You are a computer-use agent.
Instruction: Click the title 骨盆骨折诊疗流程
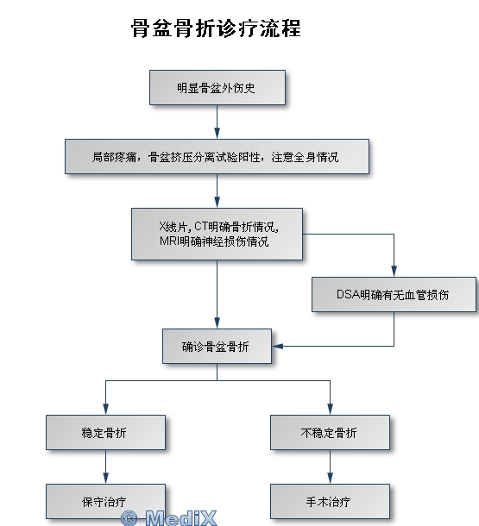pyautogui.click(x=216, y=28)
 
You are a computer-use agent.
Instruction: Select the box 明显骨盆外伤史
pyautogui.click(x=217, y=88)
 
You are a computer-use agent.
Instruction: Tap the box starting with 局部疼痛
pyautogui.click(x=217, y=157)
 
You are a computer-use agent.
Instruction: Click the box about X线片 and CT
pyautogui.click(x=217, y=235)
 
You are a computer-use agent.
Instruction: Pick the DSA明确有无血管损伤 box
pyautogui.click(x=394, y=295)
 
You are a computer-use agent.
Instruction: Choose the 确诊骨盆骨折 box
pyautogui.click(x=217, y=346)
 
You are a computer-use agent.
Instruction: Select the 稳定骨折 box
pyautogui.click(x=106, y=432)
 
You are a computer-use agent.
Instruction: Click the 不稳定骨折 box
pyautogui.click(x=330, y=432)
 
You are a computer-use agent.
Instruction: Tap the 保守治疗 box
pyautogui.click(x=106, y=502)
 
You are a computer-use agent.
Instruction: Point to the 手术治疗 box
pyautogui.click(x=330, y=502)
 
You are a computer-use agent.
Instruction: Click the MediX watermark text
pyautogui.click(x=181, y=518)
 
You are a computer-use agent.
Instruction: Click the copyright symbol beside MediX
pyautogui.click(x=129, y=518)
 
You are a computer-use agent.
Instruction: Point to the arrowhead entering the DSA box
pyautogui.click(x=394, y=272)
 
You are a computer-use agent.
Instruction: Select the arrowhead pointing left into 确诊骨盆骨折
pyautogui.click(x=277, y=346)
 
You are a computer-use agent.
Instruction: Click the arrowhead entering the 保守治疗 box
pyautogui.click(x=106, y=479)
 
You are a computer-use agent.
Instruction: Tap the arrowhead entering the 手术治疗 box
pyautogui.click(x=330, y=479)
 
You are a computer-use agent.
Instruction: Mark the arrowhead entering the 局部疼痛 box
pyautogui.click(x=217, y=134)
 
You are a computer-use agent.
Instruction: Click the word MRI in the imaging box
pyautogui.click(x=169, y=241)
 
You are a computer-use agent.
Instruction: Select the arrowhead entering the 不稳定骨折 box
pyautogui.click(x=330, y=410)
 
